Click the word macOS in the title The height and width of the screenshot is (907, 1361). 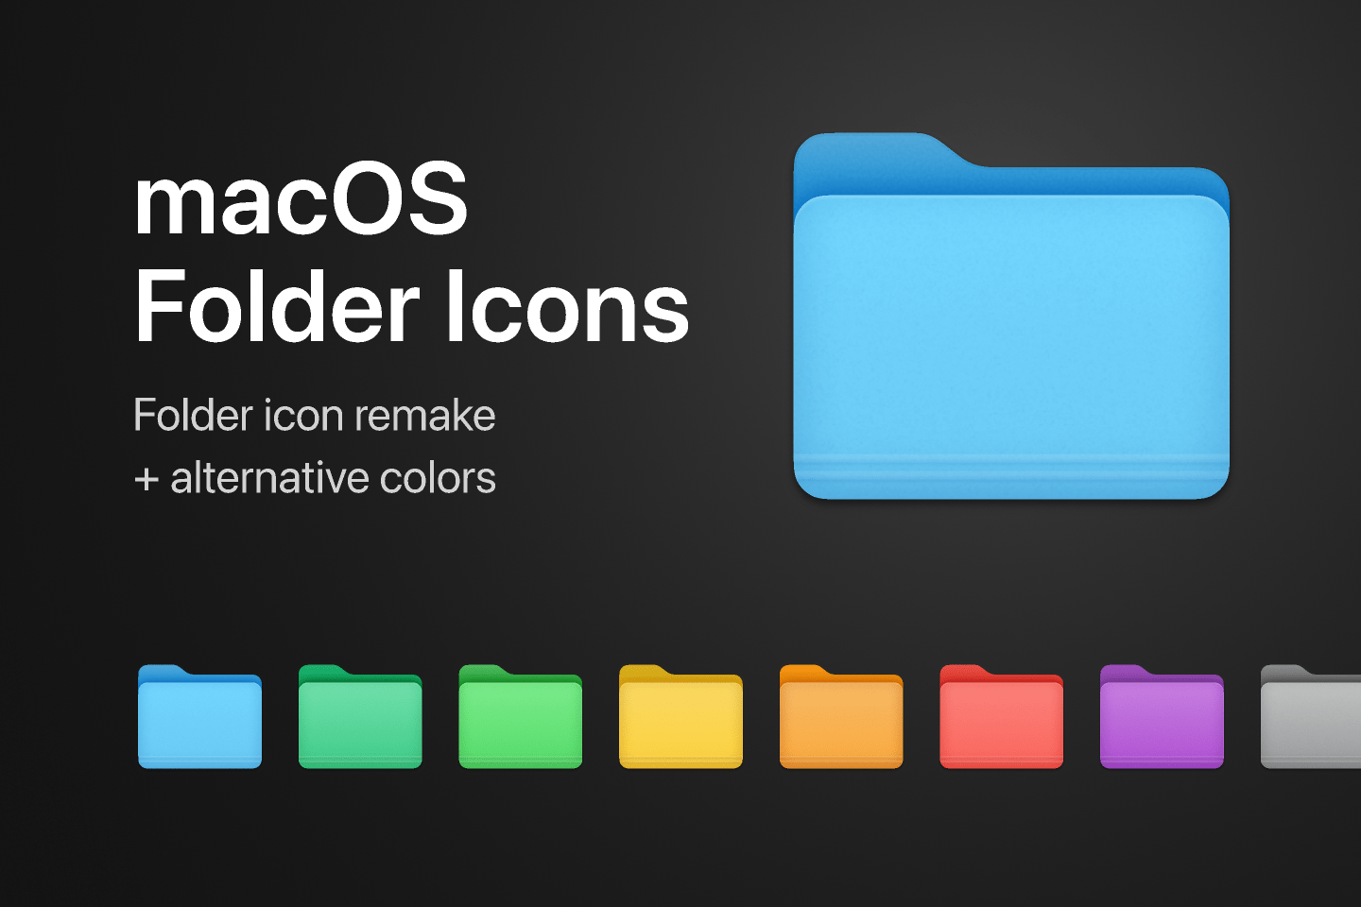tap(301, 198)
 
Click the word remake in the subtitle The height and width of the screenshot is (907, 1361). tap(424, 416)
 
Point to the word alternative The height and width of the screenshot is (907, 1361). tap(269, 477)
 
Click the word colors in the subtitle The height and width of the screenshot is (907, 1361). tap(438, 479)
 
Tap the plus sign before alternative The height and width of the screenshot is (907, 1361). tap(146, 480)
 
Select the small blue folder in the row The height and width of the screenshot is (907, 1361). tap(200, 717)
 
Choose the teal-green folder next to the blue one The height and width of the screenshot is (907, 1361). tap(360, 717)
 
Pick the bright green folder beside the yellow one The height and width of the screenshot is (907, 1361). tap(521, 717)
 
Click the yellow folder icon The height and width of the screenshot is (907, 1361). tap(681, 717)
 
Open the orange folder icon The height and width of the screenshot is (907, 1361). tap(841, 717)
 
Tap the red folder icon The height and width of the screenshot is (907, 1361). tap(1002, 717)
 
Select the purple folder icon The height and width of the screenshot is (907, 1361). tap(1163, 717)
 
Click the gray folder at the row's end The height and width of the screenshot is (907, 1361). tap(1311, 717)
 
